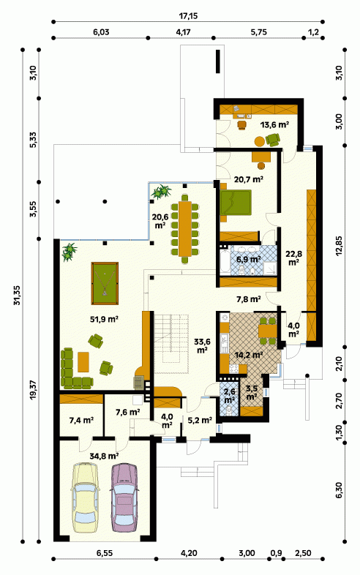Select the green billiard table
pyautogui.click(x=105, y=283)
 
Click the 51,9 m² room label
pyautogui.click(x=104, y=319)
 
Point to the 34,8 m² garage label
pyautogui.click(x=104, y=456)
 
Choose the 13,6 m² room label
pyautogui.click(x=274, y=124)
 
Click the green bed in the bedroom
pyautogui.click(x=235, y=203)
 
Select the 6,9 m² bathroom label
pyautogui.click(x=249, y=259)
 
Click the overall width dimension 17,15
pyautogui.click(x=188, y=16)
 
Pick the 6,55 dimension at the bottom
pyautogui.click(x=105, y=553)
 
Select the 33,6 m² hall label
pyautogui.click(x=202, y=345)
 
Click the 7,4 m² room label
pyautogui.click(x=81, y=420)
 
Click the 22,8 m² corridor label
pyautogui.click(x=294, y=258)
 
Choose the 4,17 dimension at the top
pyautogui.click(x=183, y=32)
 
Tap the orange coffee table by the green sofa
pyautogui.click(x=83, y=361)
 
